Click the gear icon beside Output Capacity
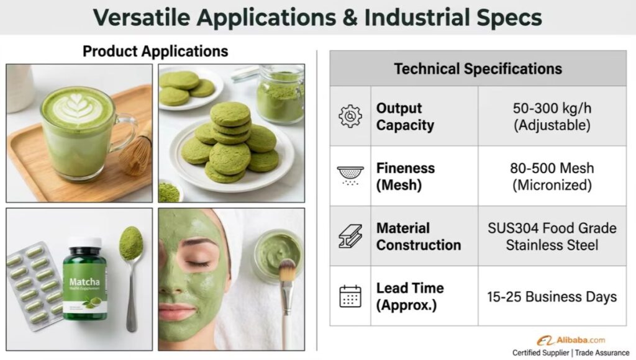tap(350, 116)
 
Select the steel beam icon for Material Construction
tap(350, 236)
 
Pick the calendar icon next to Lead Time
tap(350, 296)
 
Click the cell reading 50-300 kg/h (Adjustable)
tap(552, 116)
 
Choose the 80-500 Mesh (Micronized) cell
tap(552, 176)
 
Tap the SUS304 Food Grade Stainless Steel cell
tap(552, 236)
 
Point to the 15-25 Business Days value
tap(552, 297)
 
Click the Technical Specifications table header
tap(478, 68)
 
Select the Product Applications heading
tap(155, 52)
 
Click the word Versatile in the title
tap(142, 17)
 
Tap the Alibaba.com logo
tap(571, 340)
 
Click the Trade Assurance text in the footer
tap(602, 353)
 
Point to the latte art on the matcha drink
tap(77, 108)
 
